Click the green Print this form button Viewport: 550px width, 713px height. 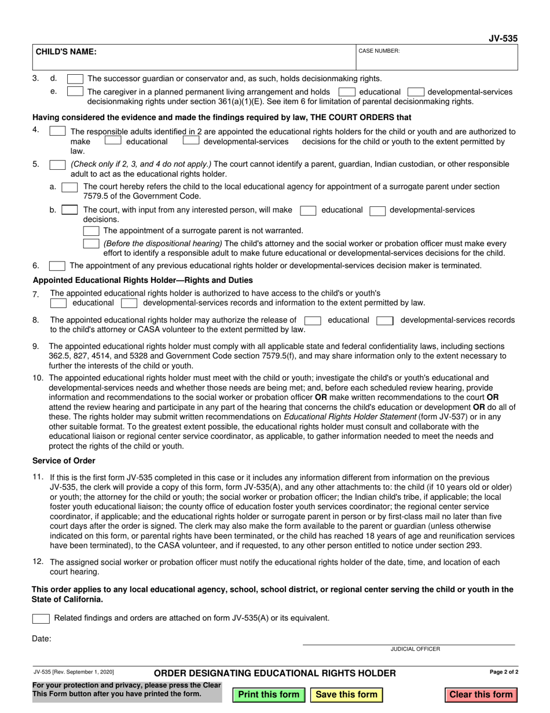tap(269, 694)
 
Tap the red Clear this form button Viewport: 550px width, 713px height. tap(481, 694)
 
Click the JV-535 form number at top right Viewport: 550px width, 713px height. tap(503, 38)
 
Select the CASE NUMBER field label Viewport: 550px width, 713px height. tap(379, 51)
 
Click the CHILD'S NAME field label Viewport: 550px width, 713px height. tap(67, 52)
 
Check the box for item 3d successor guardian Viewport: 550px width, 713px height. tap(75, 79)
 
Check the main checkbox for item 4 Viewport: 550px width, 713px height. tap(57, 132)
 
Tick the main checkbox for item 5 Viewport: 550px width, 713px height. tap(57, 165)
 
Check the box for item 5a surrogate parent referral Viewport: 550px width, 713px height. tap(69, 187)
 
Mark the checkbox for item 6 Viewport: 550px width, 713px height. tap(57, 266)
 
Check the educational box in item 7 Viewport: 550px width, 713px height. tap(58, 303)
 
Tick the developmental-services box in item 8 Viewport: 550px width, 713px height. tap(385, 320)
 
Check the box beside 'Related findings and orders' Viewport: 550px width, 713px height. tap(41, 619)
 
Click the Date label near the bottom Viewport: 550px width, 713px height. tap(42, 639)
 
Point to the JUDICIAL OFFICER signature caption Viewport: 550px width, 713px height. tap(415, 649)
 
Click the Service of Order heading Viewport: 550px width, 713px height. tap(64, 461)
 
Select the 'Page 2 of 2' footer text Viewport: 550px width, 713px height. tap(504, 672)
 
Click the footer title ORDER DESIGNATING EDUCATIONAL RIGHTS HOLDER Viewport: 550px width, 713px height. tap(275, 673)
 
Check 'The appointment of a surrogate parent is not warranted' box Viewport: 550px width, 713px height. tap(91, 231)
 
